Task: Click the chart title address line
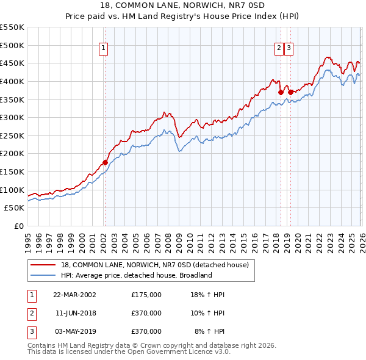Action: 183,5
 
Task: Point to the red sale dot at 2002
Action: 105,162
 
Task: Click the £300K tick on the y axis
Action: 12,117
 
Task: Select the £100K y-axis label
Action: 12,190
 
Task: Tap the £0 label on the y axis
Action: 19,226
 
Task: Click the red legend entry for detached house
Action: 154,265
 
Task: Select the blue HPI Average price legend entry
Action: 135,275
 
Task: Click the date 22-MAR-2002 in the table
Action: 75,295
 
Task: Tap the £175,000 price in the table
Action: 146,295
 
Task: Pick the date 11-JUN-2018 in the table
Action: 75,313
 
